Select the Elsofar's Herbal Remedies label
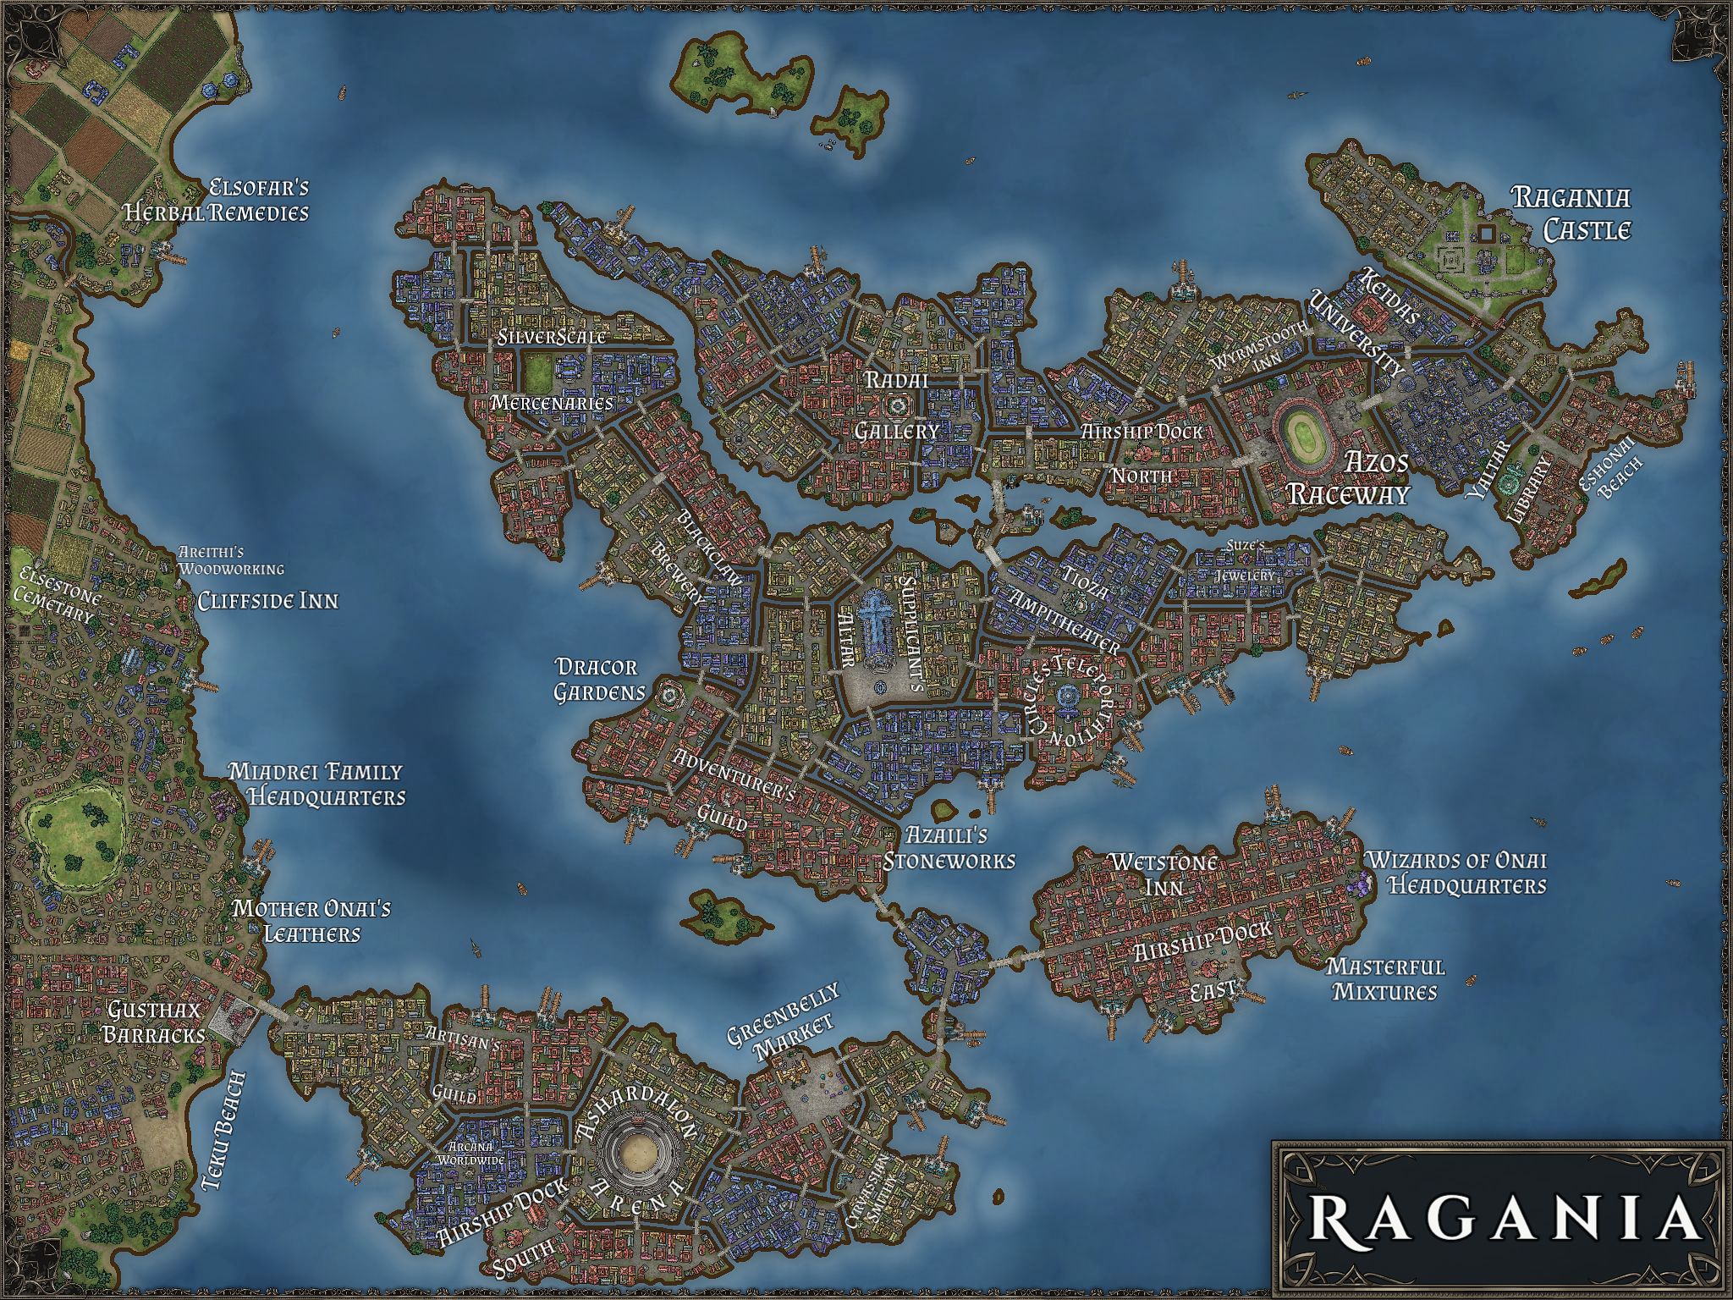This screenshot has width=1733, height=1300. tap(217, 200)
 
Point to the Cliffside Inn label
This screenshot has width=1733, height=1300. tap(267, 601)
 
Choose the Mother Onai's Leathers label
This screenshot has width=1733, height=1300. tap(311, 922)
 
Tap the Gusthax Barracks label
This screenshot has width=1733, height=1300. tap(156, 1022)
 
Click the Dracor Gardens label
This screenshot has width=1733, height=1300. tap(598, 680)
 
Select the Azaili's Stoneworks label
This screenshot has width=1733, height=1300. tap(949, 849)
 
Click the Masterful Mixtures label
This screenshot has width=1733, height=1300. tap(1384, 979)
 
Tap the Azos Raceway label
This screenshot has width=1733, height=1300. tap(1347, 478)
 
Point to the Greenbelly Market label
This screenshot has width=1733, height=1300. tap(782, 1022)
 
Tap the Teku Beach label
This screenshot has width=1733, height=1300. tap(224, 1132)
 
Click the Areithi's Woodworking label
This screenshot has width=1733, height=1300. tap(231, 561)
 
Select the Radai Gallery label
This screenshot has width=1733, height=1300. tap(897, 405)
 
